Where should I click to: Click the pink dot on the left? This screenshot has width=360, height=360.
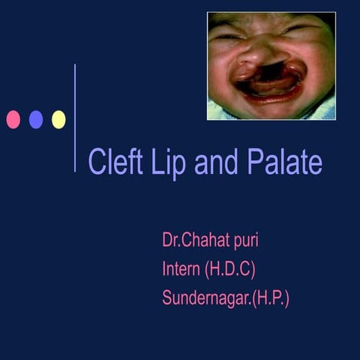click(x=13, y=119)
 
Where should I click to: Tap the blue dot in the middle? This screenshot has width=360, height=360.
click(x=36, y=119)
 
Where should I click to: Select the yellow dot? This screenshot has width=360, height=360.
click(x=58, y=119)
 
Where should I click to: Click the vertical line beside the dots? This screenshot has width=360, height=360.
click(x=75, y=118)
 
